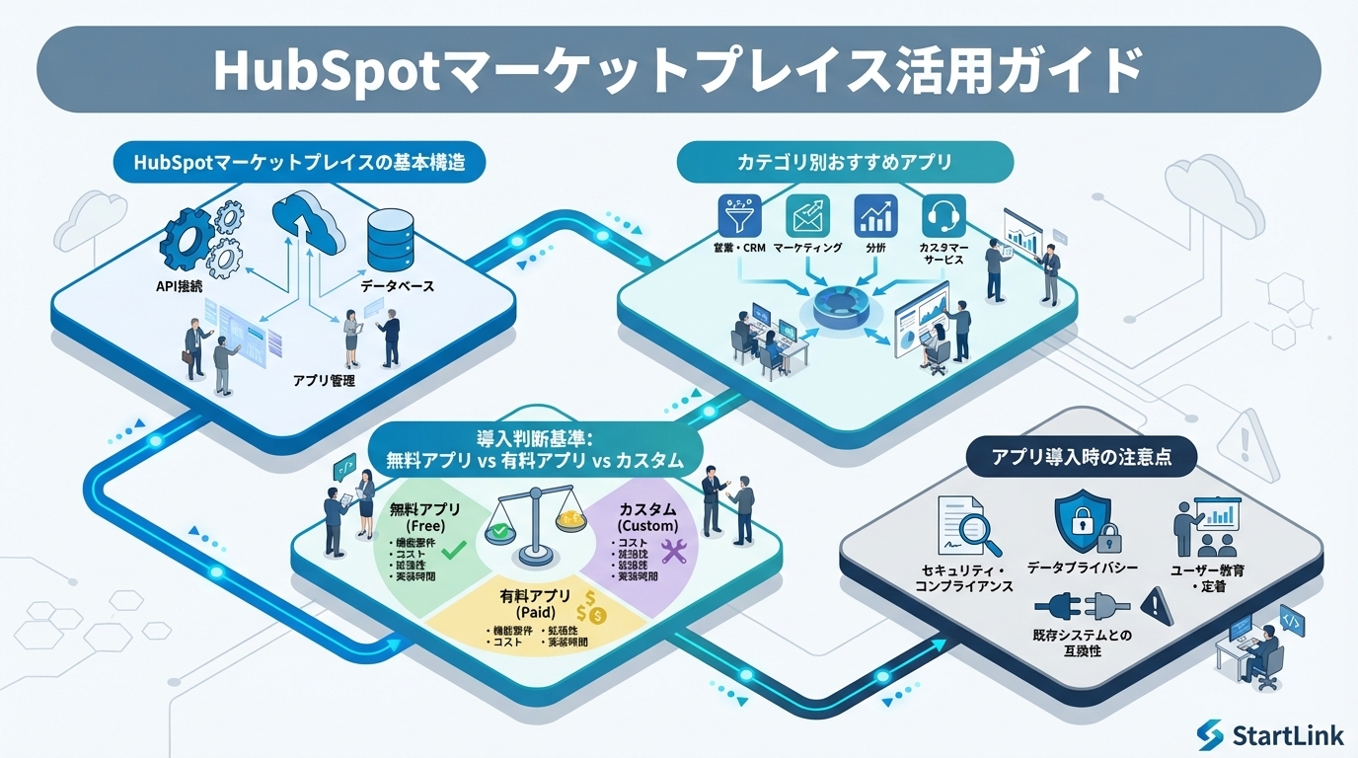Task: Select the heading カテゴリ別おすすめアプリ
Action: (x=846, y=161)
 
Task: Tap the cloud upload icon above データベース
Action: (x=308, y=222)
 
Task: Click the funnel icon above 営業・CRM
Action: (x=742, y=214)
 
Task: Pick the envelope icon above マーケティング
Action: (x=807, y=214)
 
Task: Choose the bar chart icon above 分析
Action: (x=874, y=214)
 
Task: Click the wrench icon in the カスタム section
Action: (x=673, y=551)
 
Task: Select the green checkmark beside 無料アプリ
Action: (x=455, y=549)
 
